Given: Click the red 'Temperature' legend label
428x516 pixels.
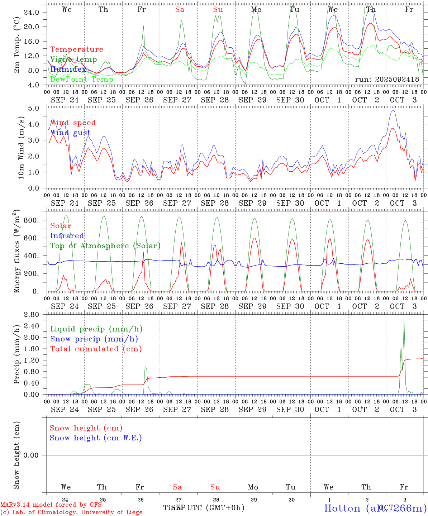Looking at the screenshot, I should click(x=76, y=49).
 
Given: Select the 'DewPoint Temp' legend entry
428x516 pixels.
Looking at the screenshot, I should click(x=82, y=79).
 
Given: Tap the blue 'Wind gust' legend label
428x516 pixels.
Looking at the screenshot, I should click(x=70, y=133).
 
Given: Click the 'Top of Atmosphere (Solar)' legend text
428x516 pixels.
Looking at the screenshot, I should click(x=105, y=246).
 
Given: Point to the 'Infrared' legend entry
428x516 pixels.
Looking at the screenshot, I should click(x=67, y=236).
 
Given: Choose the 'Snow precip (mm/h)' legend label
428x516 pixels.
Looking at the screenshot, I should click(x=94, y=339).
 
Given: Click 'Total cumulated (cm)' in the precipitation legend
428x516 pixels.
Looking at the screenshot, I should click(x=96, y=349).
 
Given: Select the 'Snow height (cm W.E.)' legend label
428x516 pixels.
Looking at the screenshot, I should click(x=95, y=438).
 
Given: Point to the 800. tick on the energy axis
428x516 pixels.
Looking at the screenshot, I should click(x=31, y=220).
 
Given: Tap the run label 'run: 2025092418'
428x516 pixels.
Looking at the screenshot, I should click(x=387, y=80).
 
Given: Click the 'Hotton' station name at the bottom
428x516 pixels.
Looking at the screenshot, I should click(x=342, y=508).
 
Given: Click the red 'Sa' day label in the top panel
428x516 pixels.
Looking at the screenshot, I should click(x=180, y=10).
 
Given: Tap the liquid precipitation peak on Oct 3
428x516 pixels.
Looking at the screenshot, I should click(x=404, y=319).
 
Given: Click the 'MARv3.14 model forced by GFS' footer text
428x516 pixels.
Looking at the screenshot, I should click(x=51, y=505).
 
